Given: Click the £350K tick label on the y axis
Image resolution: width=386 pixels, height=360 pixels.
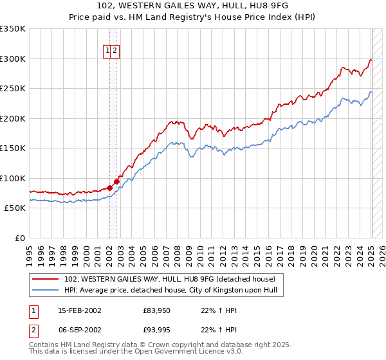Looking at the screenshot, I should pos(13,29).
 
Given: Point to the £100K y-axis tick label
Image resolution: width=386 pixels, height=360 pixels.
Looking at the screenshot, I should pos(13,178).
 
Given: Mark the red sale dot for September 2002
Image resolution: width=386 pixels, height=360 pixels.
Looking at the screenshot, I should pos(116,181).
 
